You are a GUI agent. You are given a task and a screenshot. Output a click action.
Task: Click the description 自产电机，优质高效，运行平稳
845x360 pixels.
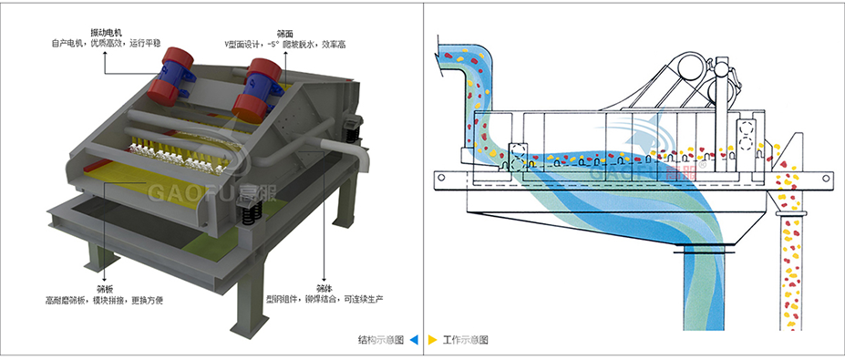tap(104, 43)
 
